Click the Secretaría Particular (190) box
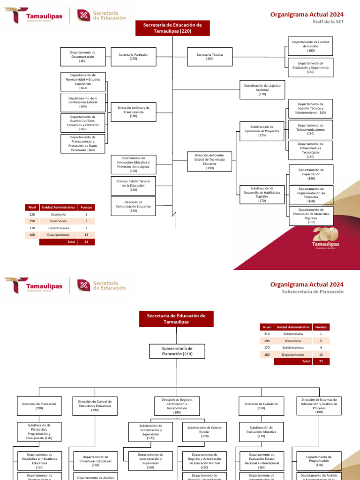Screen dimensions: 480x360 133,57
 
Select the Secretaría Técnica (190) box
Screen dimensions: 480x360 210,57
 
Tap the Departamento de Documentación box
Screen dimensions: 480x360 82,57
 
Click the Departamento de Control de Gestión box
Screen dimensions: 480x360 310,46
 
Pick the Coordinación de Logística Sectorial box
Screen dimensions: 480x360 262,90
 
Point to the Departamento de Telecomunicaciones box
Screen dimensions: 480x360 310,129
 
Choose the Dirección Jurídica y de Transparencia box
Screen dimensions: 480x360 133,112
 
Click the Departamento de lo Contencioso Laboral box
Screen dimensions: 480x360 83,102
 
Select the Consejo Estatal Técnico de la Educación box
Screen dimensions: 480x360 133,186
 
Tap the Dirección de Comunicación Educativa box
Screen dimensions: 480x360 133,206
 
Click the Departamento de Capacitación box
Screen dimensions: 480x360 311,174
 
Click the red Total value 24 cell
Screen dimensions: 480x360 86,242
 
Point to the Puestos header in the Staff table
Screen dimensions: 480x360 86,207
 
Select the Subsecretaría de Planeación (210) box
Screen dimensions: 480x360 177,352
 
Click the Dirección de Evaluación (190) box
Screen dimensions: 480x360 261,405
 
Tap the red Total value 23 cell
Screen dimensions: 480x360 321,361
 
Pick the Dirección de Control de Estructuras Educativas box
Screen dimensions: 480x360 95,405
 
